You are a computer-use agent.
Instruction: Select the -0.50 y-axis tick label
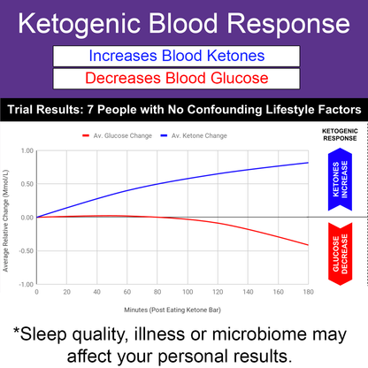[x=25, y=250]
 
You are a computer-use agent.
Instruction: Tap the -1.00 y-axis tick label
[x=25, y=284]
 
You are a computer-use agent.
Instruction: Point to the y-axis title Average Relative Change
[x=7, y=217]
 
